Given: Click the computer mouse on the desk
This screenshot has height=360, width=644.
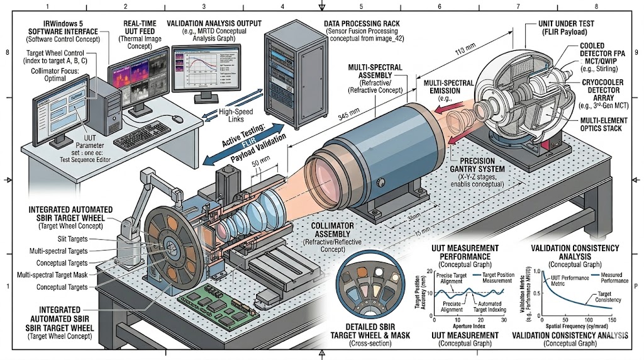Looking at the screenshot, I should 179,120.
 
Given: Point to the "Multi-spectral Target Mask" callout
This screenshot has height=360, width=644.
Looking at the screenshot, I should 62,275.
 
